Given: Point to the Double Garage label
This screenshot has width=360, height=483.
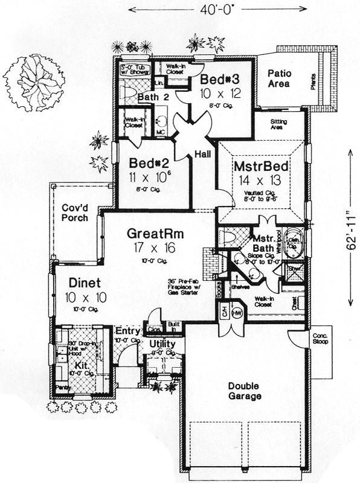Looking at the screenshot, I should (x=245, y=391).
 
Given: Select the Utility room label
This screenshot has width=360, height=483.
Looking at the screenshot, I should (x=162, y=343).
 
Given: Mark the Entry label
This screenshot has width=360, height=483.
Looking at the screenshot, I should (x=128, y=331).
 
